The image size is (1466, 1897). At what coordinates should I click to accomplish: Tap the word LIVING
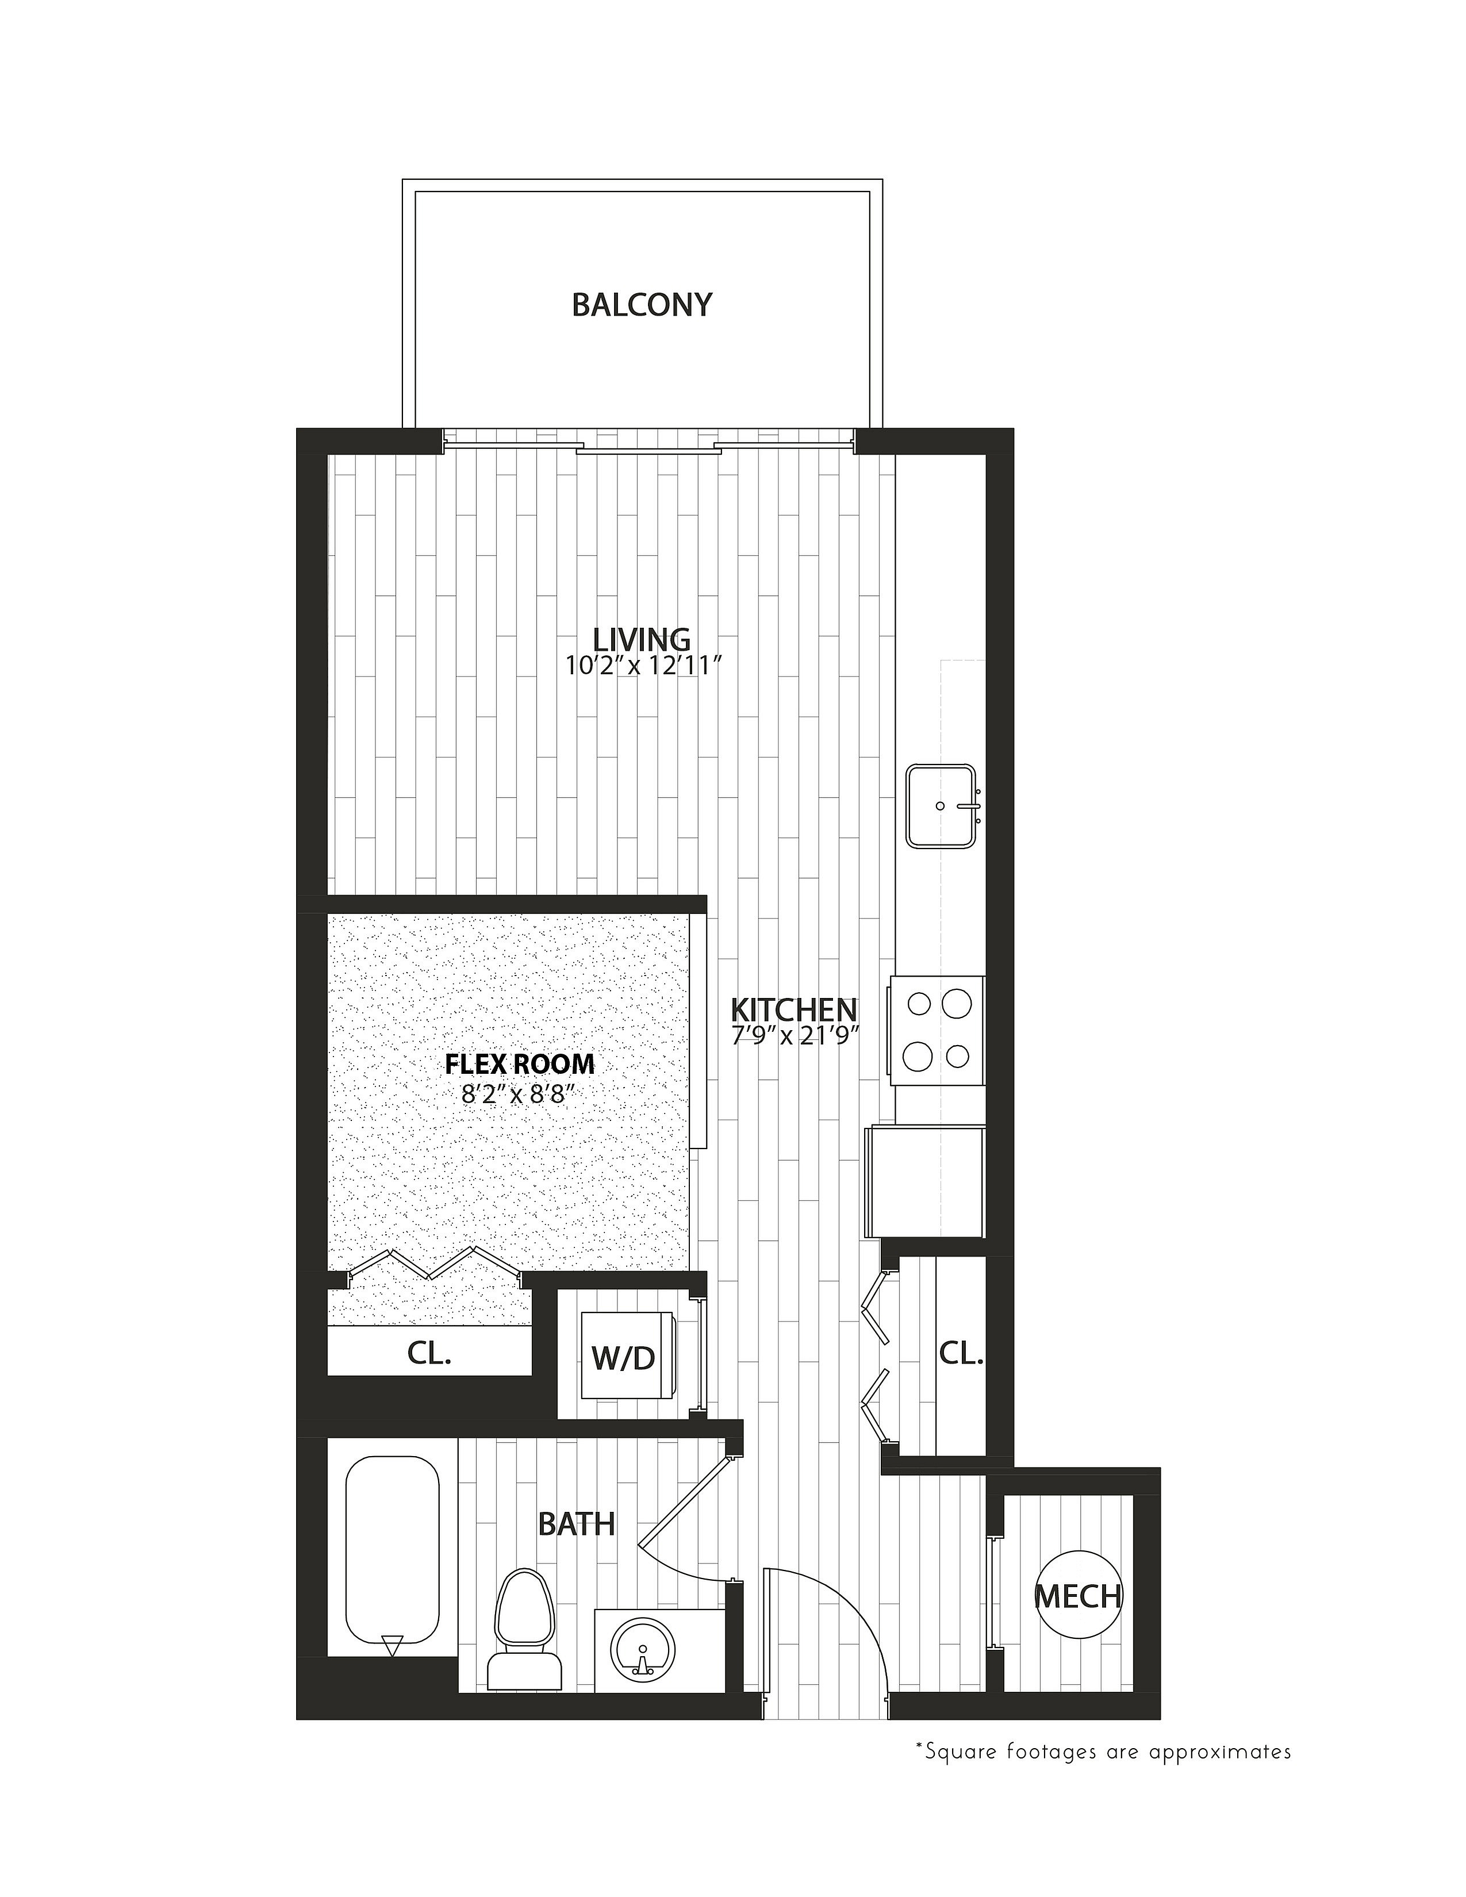[642, 639]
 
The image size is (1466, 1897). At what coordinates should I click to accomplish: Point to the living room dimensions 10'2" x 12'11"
[643, 666]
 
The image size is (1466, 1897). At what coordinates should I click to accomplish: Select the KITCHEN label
[794, 1009]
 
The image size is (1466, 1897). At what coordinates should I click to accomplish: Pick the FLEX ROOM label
[520, 1064]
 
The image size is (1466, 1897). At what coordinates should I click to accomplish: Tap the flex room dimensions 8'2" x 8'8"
[519, 1093]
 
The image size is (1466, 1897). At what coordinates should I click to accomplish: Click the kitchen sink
[942, 806]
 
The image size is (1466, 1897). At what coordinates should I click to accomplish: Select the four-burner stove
[936, 1030]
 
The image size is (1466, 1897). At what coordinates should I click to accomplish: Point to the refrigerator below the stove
[924, 1182]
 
